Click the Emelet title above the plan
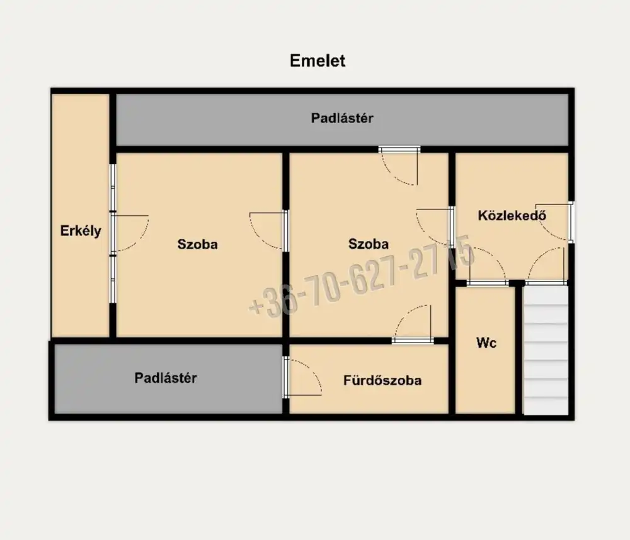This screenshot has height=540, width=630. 318,61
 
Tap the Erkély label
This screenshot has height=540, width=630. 81,231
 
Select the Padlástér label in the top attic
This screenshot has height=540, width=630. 342,118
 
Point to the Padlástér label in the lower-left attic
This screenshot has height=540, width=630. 166,378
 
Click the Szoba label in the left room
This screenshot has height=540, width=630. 197,244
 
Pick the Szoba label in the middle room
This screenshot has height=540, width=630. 369,244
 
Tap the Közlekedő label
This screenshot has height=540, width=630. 512,215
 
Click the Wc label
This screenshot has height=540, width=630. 486,343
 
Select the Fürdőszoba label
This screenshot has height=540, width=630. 382,380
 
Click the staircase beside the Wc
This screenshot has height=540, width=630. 546,350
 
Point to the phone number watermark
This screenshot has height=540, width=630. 362,276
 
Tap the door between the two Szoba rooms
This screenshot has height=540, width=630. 267,231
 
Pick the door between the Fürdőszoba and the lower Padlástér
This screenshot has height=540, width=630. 302,377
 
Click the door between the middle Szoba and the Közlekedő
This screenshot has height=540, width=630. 435,227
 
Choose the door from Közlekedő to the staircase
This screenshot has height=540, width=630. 547,266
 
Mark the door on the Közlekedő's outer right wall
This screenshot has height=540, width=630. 554,222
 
